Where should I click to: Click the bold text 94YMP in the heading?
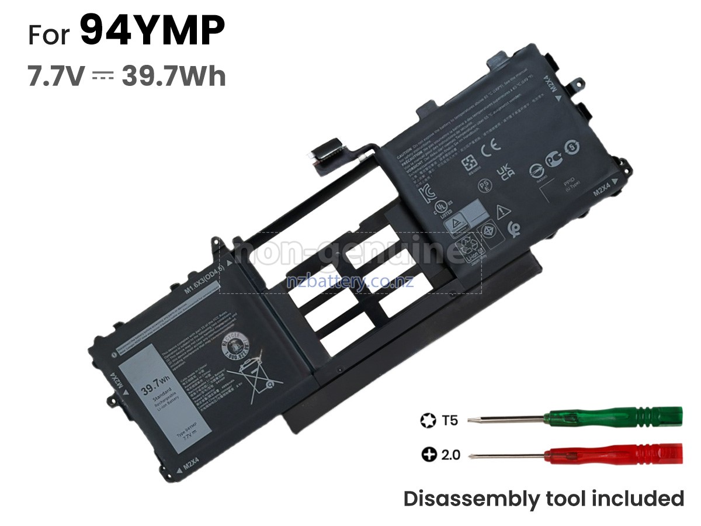pyautogui.click(x=152, y=32)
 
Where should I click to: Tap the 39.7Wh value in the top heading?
pyautogui.click(x=173, y=77)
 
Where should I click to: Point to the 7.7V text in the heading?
pyautogui.click(x=57, y=77)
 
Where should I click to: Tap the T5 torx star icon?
pyautogui.click(x=428, y=420)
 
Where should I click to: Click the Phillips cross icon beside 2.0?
pyautogui.click(x=429, y=454)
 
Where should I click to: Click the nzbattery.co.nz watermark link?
pyautogui.click(x=350, y=282)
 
